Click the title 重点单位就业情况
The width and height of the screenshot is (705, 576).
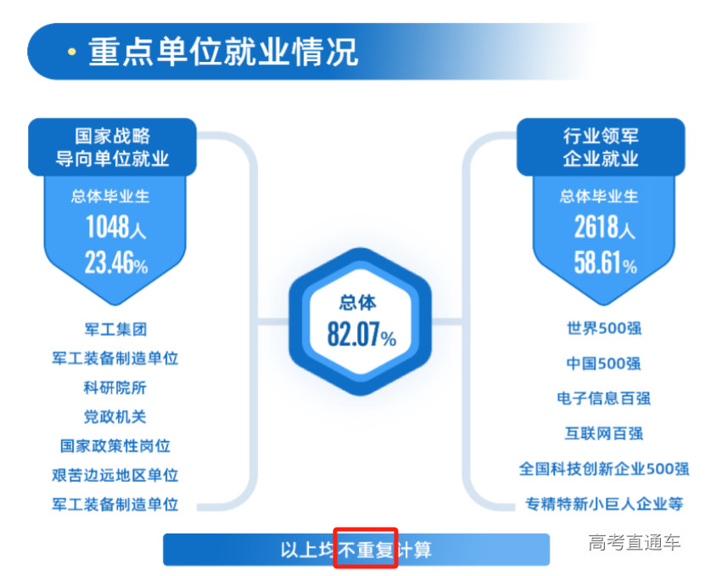(223, 52)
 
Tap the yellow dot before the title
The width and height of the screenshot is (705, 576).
(71, 53)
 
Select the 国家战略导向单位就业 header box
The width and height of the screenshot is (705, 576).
(113, 147)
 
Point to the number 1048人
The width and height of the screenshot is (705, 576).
(115, 228)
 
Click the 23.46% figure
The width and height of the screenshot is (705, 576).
(115, 264)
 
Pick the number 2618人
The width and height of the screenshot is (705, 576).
(604, 228)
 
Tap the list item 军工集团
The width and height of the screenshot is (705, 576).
(115, 329)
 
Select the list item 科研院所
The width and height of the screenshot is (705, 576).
(115, 388)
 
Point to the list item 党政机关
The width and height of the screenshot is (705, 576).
(115, 417)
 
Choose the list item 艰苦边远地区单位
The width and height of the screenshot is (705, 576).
(115, 475)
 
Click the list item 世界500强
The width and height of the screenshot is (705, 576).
(604, 328)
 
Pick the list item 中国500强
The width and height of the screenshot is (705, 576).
(604, 364)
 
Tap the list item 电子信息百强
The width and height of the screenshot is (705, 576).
(604, 398)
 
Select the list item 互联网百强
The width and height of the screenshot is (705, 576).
(604, 433)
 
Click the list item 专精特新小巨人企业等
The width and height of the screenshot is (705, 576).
(604, 504)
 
